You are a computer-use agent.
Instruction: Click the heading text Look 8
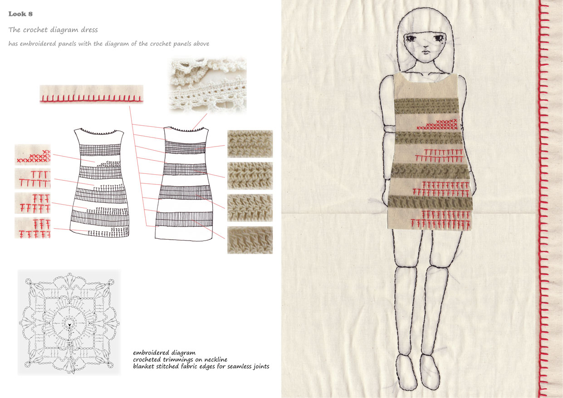(20, 14)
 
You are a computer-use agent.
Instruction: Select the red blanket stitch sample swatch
(92, 94)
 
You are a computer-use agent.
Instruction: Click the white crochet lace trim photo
(208, 85)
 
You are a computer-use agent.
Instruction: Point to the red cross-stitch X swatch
(33, 155)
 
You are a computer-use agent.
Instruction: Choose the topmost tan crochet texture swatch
(250, 144)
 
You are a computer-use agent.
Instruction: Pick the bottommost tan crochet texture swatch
(250, 240)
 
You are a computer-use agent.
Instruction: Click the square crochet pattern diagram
(69, 323)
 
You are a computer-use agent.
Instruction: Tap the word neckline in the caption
(215, 359)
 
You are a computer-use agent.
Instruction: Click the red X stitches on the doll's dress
(437, 124)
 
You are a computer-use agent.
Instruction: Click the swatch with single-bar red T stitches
(33, 178)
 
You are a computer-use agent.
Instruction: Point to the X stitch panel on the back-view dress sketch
(108, 164)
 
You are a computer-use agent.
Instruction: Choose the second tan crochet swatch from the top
(250, 176)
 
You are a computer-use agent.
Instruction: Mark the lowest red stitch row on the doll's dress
(441, 224)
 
